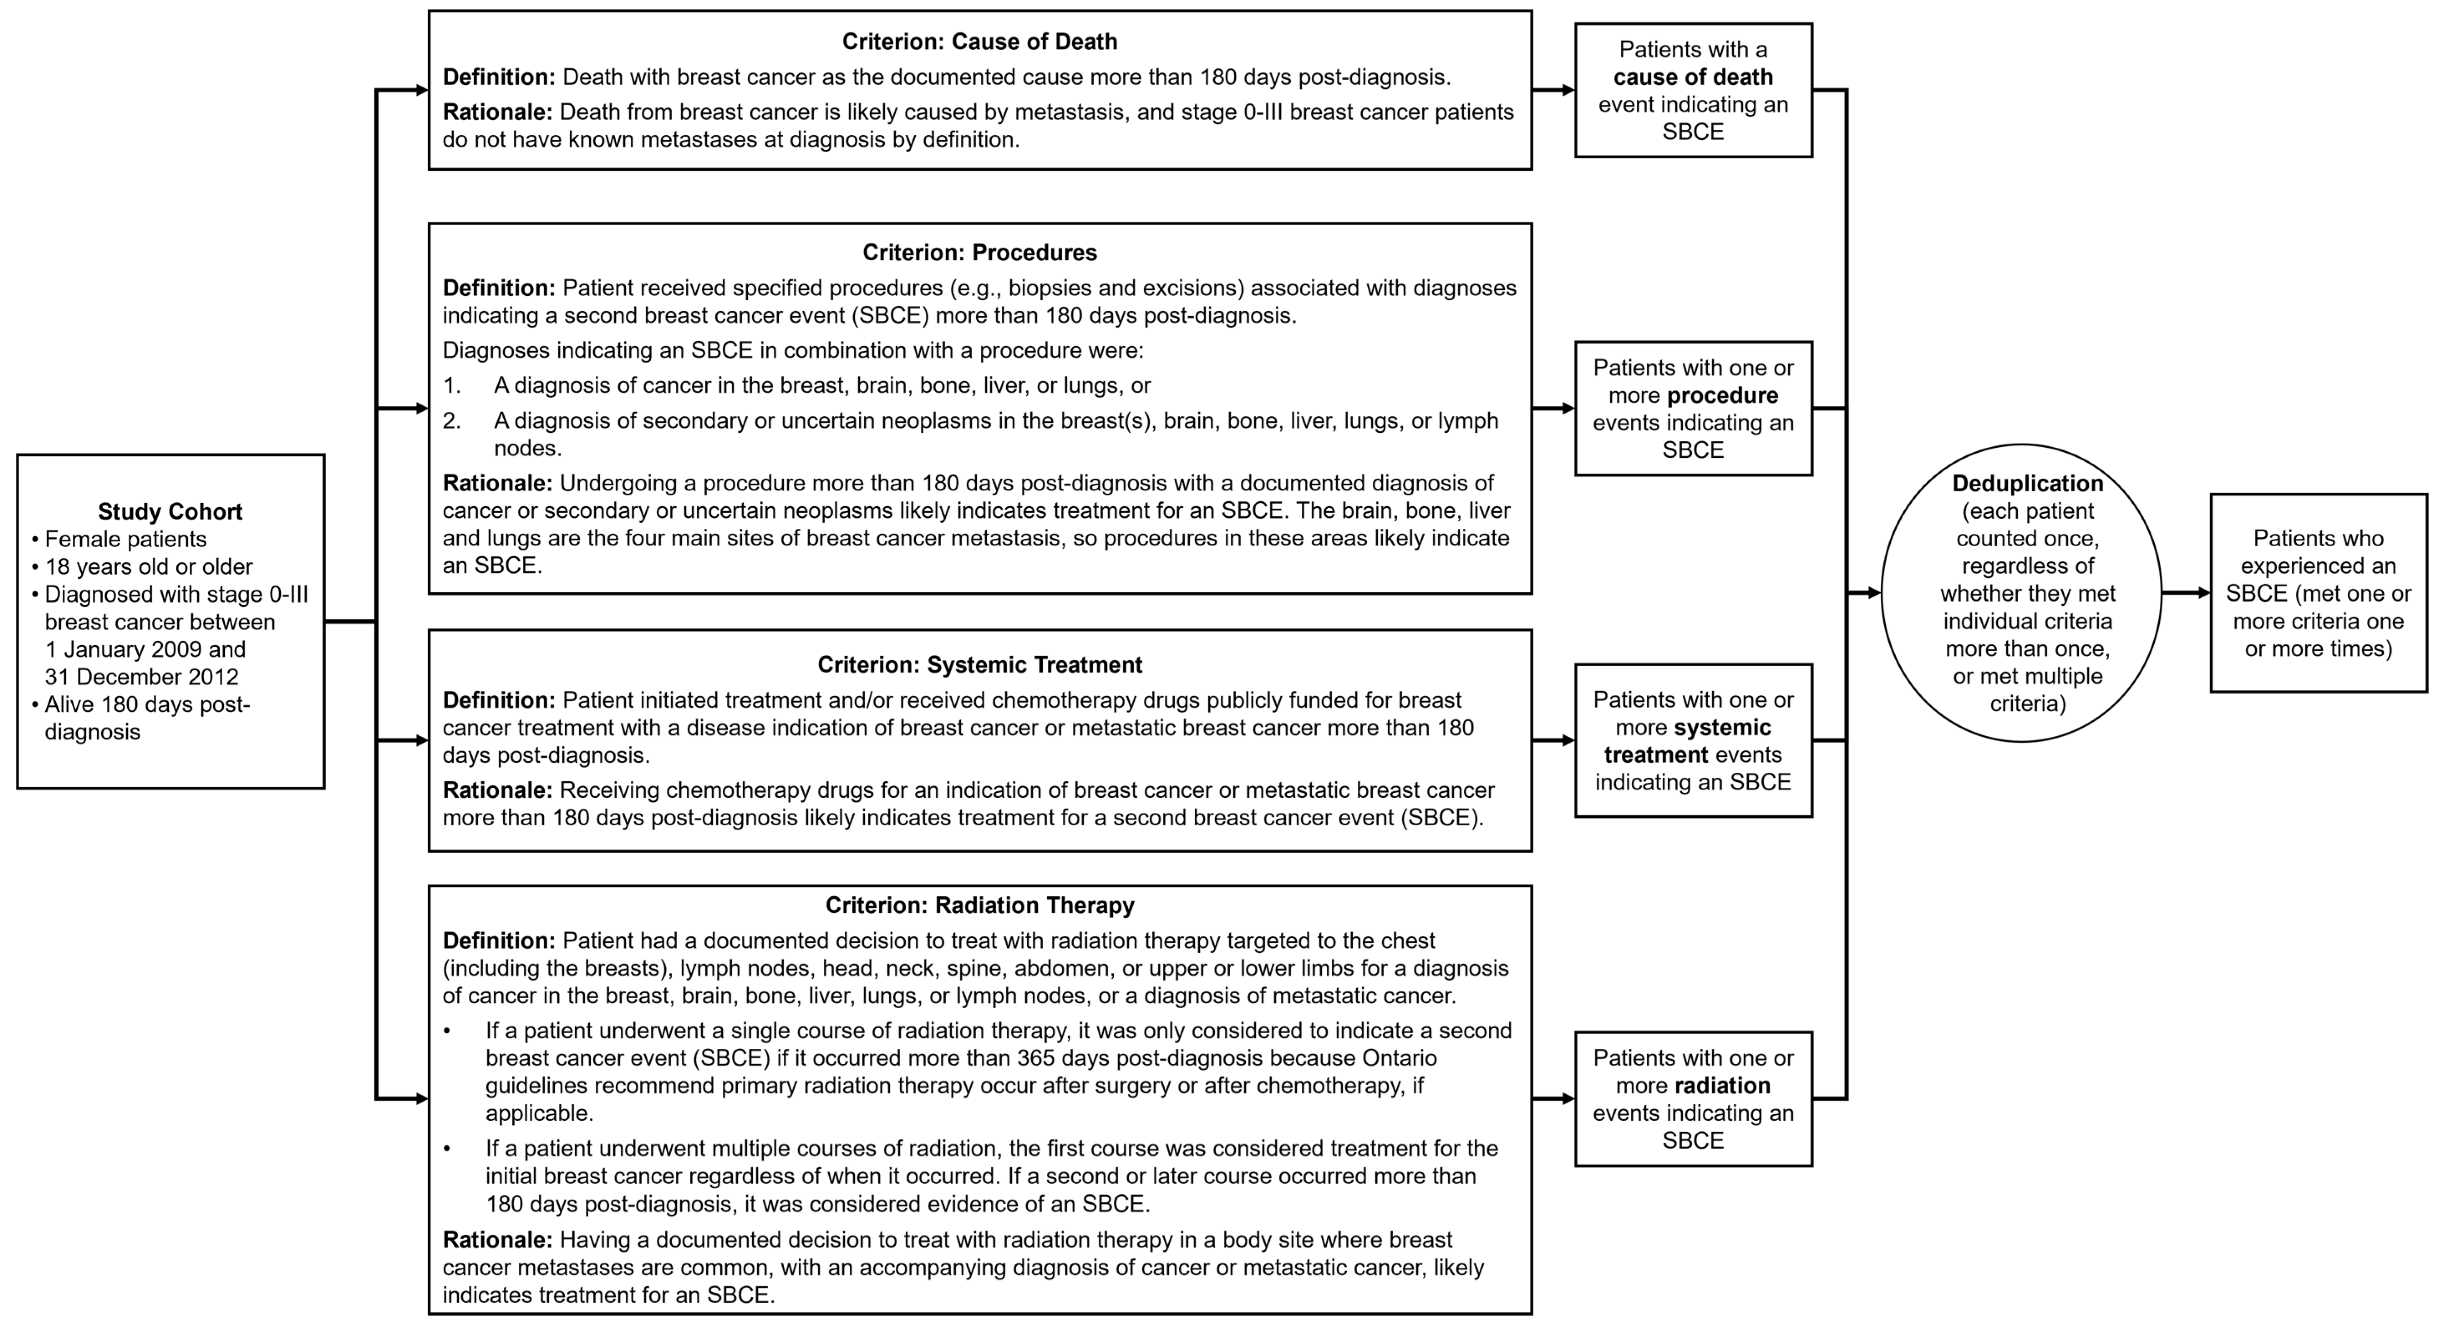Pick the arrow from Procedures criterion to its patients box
(1554, 409)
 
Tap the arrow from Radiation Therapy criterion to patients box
(1554, 1099)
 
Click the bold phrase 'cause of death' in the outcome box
(1693, 77)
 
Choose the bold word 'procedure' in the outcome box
(1722, 396)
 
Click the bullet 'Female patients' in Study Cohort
(125, 540)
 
